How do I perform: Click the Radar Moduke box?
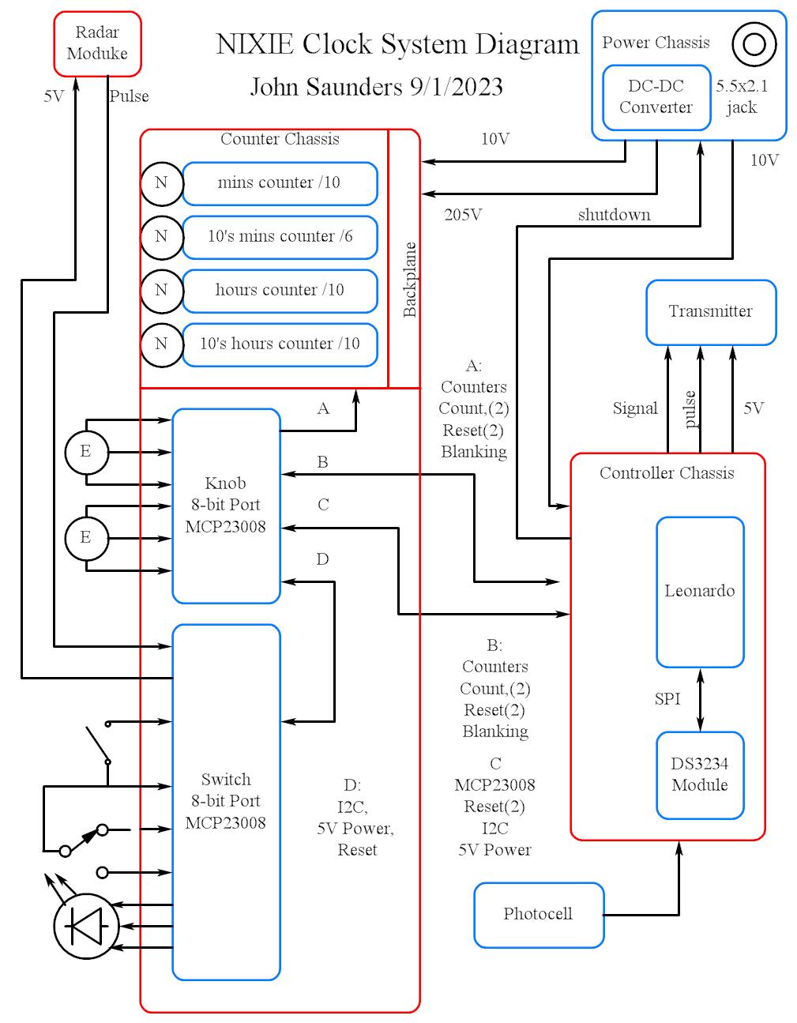click(97, 43)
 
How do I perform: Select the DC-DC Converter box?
click(655, 97)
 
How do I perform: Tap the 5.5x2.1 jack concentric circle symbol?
click(754, 44)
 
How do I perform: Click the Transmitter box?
click(710, 311)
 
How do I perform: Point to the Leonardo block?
click(699, 591)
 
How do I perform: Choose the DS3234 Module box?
click(699, 774)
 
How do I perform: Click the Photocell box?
click(538, 914)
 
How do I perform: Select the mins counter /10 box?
click(279, 183)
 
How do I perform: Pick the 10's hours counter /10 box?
click(279, 344)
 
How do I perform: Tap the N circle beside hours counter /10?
click(161, 290)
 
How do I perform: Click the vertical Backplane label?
click(409, 280)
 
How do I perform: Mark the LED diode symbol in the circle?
click(86, 925)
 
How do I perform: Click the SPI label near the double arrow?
click(667, 699)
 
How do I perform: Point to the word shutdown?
click(614, 215)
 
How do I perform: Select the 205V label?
click(463, 215)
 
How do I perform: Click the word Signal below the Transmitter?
click(634, 408)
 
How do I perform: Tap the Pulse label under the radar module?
click(129, 96)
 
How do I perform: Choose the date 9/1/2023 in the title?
click(456, 87)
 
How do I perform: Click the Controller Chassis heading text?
click(666, 473)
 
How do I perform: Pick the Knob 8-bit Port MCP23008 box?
click(226, 506)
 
